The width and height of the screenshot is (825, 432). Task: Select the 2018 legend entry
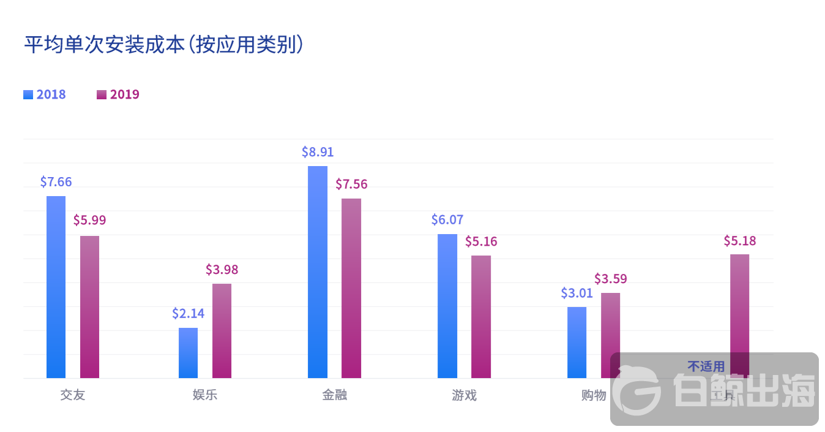(45, 94)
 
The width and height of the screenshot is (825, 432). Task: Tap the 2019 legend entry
(118, 94)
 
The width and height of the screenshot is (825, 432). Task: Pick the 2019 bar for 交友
(89, 306)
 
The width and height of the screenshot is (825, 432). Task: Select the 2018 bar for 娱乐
(188, 353)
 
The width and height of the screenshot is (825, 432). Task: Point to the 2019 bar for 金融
(351, 288)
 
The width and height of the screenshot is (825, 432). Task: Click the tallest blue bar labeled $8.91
(318, 272)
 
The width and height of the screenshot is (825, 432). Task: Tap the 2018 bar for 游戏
(447, 306)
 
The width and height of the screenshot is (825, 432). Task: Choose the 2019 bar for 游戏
(481, 316)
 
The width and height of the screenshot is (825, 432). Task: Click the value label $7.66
(56, 181)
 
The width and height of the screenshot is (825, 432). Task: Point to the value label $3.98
(222, 269)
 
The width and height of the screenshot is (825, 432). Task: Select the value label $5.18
(739, 241)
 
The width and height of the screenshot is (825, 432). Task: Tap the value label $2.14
(188, 313)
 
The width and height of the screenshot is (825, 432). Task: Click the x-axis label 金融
(334, 395)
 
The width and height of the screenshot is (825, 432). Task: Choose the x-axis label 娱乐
(204, 395)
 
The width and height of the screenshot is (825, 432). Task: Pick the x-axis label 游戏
(464, 395)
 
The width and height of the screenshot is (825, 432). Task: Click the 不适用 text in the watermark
(706, 366)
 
